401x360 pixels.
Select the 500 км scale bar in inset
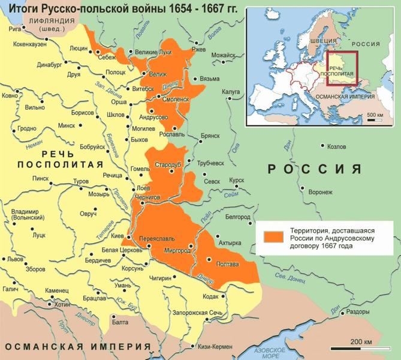pyautogui.click(x=375, y=119)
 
